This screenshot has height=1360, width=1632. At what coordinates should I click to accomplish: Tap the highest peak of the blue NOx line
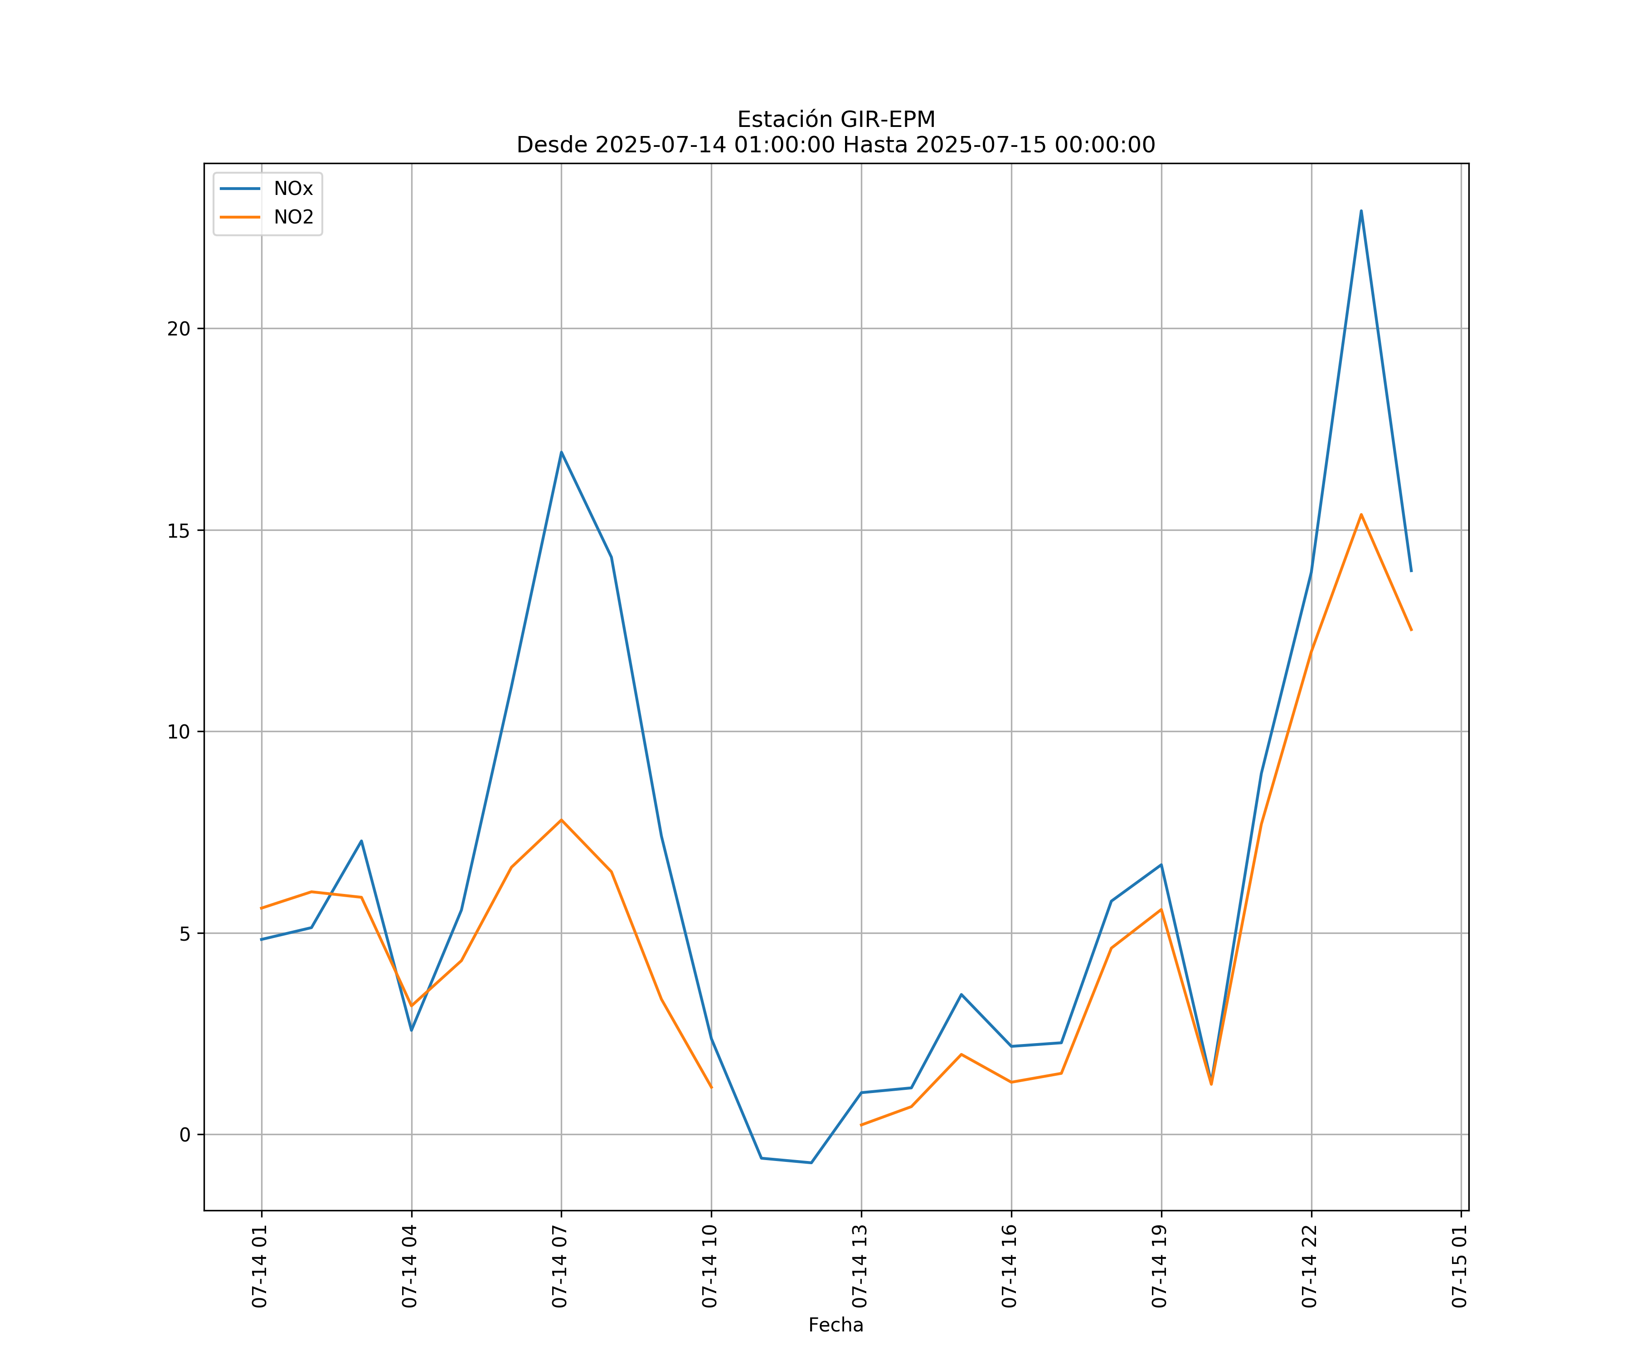1361,211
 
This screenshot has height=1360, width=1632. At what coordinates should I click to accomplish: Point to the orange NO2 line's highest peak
1361,515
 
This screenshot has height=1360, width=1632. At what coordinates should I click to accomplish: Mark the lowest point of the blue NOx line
811,1163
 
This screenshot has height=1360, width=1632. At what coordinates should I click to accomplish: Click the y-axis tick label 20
179,329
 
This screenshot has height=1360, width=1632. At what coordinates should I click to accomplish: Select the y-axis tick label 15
179,531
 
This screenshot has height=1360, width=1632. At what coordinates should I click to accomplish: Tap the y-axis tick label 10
179,732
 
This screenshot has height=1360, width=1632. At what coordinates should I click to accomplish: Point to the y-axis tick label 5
184,933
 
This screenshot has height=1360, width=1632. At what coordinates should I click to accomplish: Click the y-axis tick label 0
184,1135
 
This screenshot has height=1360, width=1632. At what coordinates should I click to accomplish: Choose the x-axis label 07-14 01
260,1266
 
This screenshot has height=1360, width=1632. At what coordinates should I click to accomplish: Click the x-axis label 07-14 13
860,1266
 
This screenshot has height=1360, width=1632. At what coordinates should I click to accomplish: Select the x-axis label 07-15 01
1459,1266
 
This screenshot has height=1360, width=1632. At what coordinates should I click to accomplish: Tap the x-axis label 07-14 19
1160,1266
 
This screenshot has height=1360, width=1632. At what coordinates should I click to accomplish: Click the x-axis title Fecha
835,1325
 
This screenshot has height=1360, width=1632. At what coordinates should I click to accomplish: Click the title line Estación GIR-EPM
835,120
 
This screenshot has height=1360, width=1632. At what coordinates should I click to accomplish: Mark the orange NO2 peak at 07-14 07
561,820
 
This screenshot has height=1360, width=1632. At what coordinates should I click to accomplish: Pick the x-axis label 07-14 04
409,1266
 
